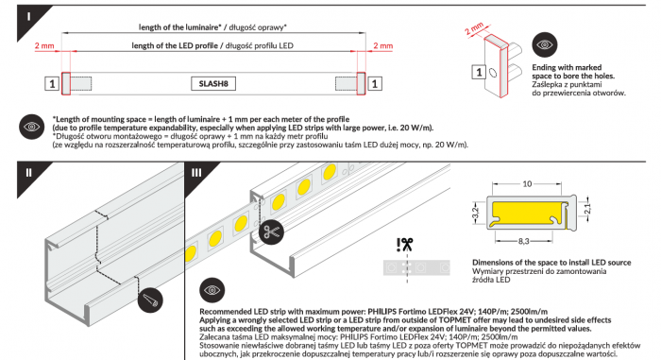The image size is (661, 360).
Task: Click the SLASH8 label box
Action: [213, 83]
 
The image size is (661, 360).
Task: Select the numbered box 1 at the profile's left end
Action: [52, 83]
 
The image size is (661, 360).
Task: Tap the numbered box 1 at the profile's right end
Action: [375, 83]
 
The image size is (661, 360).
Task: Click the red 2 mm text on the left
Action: [44, 45]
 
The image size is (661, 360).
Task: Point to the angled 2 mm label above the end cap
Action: [474, 28]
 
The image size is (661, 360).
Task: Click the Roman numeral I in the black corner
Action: [28, 16]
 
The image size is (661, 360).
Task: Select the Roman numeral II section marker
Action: [28, 173]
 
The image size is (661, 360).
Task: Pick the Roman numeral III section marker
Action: [196, 173]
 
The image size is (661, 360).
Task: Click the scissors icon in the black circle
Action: [271, 231]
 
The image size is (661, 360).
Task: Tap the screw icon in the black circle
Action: [150, 300]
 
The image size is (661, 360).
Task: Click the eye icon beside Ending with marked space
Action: [545, 44]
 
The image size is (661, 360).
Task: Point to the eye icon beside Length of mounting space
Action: [31, 127]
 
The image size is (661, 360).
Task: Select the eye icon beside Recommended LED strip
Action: [212, 290]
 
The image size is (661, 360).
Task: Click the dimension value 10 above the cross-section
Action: [527, 183]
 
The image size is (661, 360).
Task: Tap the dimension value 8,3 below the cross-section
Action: [523, 241]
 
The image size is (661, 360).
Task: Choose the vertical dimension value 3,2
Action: [476, 213]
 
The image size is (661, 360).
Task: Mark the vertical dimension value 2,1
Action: [588, 208]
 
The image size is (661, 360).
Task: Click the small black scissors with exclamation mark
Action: [404, 245]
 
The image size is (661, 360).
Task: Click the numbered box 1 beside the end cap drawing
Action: [479, 72]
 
